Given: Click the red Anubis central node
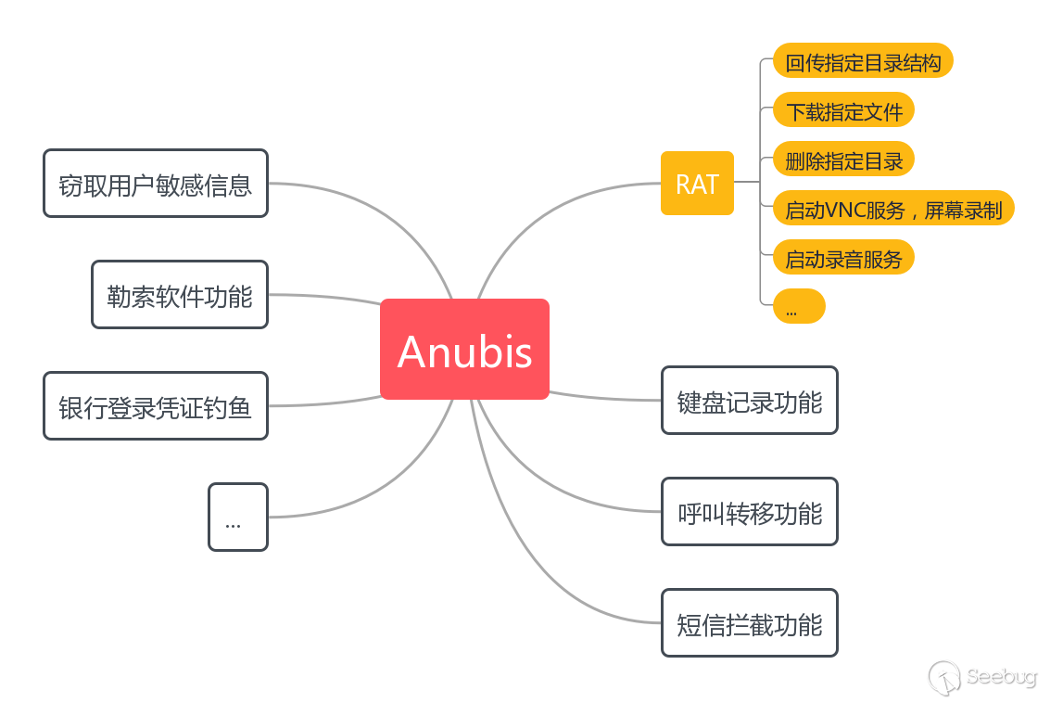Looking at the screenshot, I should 464,350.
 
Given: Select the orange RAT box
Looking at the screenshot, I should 697,184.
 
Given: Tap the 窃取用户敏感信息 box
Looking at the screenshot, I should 156,184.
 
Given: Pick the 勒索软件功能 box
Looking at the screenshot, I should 180,295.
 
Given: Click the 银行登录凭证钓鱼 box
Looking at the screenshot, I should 156,406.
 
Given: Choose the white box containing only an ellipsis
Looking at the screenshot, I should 237,518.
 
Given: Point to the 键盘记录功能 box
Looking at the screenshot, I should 749,401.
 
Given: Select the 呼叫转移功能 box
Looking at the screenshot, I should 749,512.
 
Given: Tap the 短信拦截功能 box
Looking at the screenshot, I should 749,623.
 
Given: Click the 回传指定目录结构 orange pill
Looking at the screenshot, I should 863,61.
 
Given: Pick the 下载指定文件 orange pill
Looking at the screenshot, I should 843,110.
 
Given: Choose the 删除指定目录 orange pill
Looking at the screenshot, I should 843,160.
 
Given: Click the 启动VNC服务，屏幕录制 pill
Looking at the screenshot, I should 893,209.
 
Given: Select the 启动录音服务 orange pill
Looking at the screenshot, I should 843,258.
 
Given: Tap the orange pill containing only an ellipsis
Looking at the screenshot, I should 798,307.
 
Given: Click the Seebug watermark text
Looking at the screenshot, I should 1002,676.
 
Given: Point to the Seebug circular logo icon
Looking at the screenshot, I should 944,676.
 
